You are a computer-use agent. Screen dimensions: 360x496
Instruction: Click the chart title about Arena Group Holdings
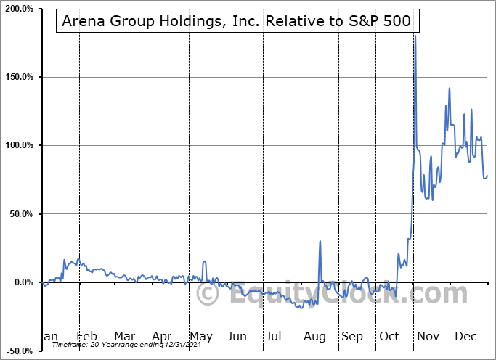tap(237, 22)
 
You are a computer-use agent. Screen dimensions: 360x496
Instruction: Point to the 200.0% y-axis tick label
tap(18, 9)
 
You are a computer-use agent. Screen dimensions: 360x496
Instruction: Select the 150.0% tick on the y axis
tap(18, 77)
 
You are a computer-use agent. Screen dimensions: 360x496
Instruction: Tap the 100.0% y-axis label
tap(18, 145)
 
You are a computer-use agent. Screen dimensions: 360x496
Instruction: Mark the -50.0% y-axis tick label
tap(18, 351)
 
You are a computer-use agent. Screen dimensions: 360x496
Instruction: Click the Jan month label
tap(48, 336)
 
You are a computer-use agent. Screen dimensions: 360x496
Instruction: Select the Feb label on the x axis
tap(86, 336)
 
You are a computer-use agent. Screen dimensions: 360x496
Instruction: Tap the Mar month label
tap(124, 336)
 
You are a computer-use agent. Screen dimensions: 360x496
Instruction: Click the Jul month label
tap(274, 336)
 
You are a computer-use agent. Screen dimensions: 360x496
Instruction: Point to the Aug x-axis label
tap(315, 336)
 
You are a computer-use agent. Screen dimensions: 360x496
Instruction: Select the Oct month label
tap(390, 336)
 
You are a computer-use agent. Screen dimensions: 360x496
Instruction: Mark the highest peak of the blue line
tap(415, 36)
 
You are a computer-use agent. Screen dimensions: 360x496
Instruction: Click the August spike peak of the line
tap(320, 241)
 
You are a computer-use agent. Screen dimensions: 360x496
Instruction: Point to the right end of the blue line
tap(487, 176)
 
